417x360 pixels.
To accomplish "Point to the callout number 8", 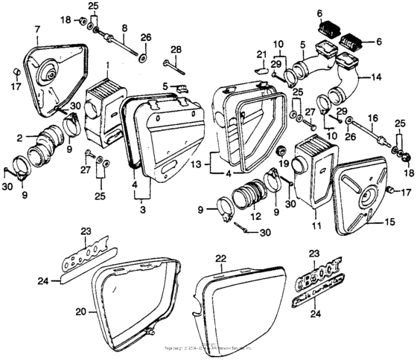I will (124, 28).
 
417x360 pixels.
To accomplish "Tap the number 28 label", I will (176, 50).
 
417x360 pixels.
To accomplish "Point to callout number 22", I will (220, 258).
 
